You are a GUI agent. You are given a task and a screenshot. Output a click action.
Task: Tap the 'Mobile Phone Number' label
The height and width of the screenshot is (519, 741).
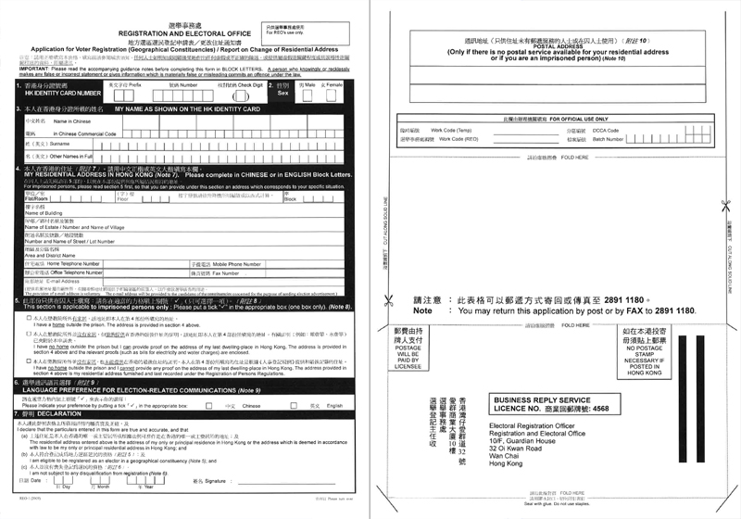(228, 264)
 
